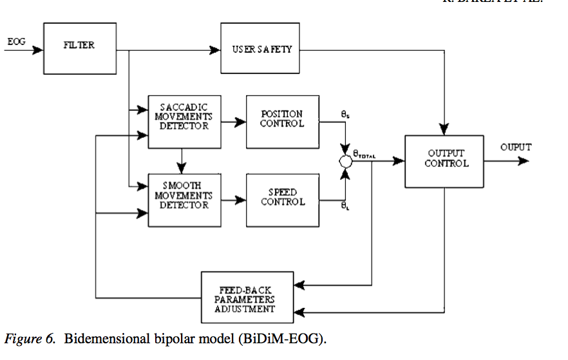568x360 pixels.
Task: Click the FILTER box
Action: (80, 46)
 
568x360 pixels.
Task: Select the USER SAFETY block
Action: (261, 49)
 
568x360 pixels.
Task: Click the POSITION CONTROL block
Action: (282, 119)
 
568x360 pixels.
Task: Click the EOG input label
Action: (16, 42)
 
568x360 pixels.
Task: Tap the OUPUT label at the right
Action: (516, 147)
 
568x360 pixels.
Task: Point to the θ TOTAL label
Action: (364, 155)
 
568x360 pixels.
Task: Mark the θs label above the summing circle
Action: (346, 114)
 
